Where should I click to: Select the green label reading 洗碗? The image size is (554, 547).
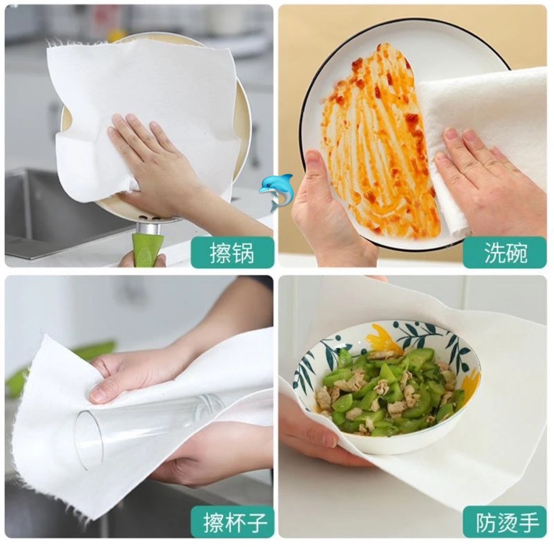pyautogui.click(x=505, y=252)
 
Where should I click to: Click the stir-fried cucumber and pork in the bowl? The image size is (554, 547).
pyautogui.click(x=388, y=389)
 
